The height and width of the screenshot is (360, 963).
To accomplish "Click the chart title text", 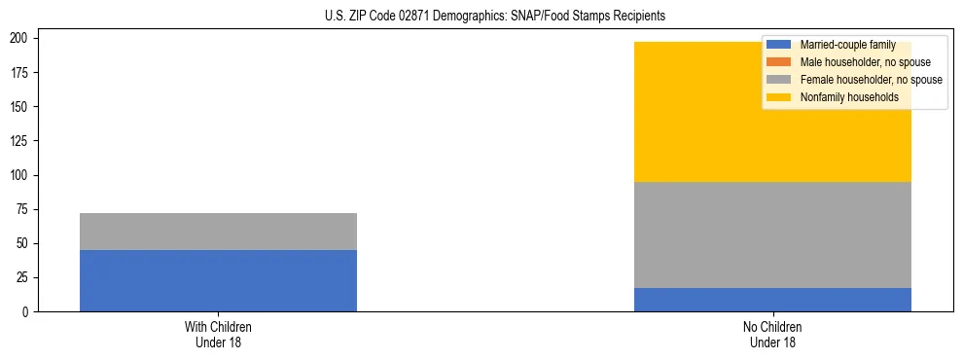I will [x=495, y=17].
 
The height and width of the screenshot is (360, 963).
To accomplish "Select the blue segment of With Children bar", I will [x=218, y=280].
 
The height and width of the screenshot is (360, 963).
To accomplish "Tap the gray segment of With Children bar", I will [x=218, y=232].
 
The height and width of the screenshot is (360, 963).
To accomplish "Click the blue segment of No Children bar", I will [x=772, y=300].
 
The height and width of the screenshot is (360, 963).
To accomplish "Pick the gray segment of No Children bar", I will [x=772, y=234].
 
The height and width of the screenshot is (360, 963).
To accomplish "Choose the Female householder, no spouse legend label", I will [x=871, y=80].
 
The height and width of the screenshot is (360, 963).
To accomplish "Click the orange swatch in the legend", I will [x=780, y=62].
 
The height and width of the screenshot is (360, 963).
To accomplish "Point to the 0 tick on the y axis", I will [x=28, y=312].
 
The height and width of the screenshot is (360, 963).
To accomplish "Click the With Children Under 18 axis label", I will [x=218, y=334].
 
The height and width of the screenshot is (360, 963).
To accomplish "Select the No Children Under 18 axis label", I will [x=772, y=334].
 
